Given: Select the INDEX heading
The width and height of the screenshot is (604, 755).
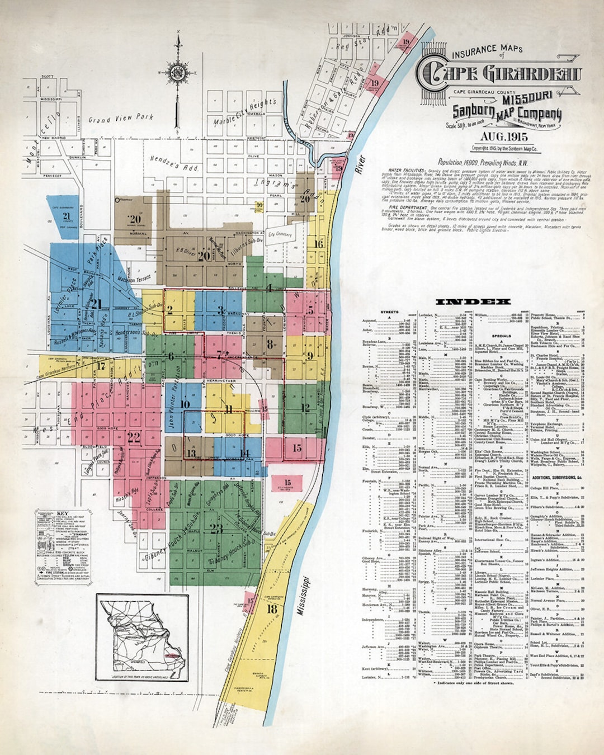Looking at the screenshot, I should pyautogui.click(x=473, y=302).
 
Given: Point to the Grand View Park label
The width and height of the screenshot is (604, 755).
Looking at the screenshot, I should pyautogui.click(x=120, y=118).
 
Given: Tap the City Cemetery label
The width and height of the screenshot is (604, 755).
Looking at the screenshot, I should pyautogui.click(x=280, y=234).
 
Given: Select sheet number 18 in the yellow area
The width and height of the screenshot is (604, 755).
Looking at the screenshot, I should pyautogui.click(x=272, y=609).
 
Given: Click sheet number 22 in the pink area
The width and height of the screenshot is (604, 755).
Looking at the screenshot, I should pyautogui.click(x=133, y=437).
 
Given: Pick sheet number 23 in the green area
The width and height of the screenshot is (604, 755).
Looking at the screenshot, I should pyautogui.click(x=216, y=528).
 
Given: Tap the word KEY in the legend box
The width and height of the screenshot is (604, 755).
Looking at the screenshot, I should pyautogui.click(x=63, y=513).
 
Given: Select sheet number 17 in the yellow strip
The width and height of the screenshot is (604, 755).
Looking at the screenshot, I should pyautogui.click(x=101, y=367).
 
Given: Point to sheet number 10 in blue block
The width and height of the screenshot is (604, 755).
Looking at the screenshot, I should pyautogui.click(x=185, y=404).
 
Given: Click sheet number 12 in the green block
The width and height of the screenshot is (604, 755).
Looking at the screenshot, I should pyautogui.click(x=305, y=408).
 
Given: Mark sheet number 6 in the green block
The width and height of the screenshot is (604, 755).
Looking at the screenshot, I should pyautogui.click(x=171, y=357).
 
